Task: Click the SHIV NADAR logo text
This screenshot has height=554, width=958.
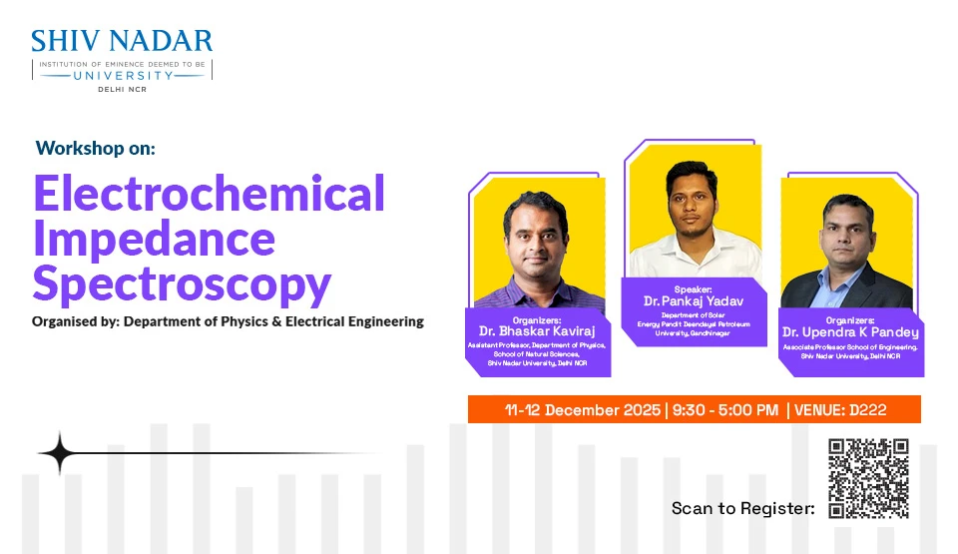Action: pyautogui.click(x=122, y=41)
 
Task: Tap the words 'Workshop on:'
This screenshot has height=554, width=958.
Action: pyautogui.click(x=96, y=148)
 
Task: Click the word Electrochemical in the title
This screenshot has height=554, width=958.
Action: pyautogui.click(x=209, y=193)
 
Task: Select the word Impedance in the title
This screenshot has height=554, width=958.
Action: pyautogui.click(x=154, y=239)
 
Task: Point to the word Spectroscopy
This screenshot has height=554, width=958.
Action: pyautogui.click(x=182, y=284)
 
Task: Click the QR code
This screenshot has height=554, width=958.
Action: pyautogui.click(x=868, y=478)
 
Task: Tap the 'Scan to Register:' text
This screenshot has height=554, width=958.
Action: pyautogui.click(x=742, y=508)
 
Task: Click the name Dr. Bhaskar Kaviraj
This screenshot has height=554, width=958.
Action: pyautogui.click(x=537, y=331)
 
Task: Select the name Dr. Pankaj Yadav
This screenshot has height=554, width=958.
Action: pyautogui.click(x=694, y=300)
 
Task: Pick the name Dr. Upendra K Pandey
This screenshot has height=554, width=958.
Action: pyautogui.click(x=850, y=332)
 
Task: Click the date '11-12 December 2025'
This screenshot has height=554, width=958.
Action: pyautogui.click(x=583, y=409)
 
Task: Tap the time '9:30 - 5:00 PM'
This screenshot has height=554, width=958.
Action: pyautogui.click(x=725, y=409)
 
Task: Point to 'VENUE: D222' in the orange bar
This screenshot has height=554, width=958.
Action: pyautogui.click(x=840, y=409)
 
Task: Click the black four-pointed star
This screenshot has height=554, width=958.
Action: pyautogui.click(x=59, y=453)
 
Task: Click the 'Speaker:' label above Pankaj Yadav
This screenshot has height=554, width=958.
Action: pyautogui.click(x=693, y=289)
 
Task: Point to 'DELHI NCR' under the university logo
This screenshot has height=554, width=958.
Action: pyautogui.click(x=122, y=89)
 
